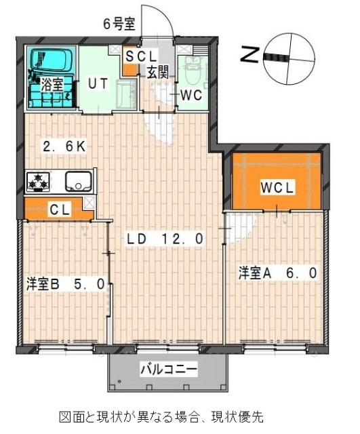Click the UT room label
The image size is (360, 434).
98,84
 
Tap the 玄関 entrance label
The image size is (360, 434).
157,73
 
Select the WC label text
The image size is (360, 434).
191,95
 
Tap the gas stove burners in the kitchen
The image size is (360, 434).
38,181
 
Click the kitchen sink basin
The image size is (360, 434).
79,181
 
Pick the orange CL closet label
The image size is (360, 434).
59,210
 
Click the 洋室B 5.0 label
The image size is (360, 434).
66,284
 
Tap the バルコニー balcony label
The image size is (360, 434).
169,370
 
